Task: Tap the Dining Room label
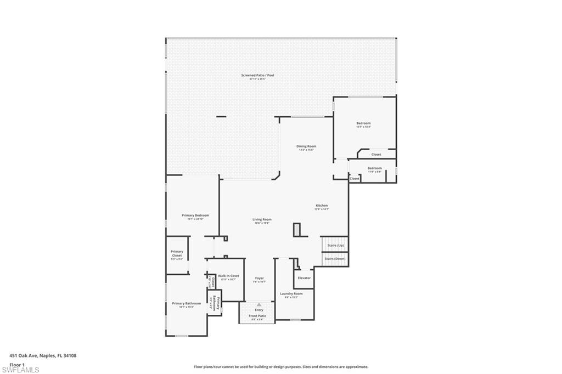pos(306,146)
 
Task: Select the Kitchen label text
pos(321,206)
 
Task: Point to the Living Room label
pos(262,219)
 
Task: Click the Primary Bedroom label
pos(195,216)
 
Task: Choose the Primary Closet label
pos(177,253)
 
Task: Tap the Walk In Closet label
pos(228,276)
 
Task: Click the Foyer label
pos(259,278)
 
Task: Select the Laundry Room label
pos(291,293)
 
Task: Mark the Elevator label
pos(304,278)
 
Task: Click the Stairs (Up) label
pos(334,245)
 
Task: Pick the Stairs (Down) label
pos(335,258)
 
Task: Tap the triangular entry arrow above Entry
pos(259,304)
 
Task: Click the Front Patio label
pos(257,316)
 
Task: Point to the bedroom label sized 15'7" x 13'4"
pos(363,123)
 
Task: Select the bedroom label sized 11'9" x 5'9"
pos(374,168)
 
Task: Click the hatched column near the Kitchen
pos(297,230)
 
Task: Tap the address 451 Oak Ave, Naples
pos(43,355)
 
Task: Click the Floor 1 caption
pos(18,364)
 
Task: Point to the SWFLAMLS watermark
pos(20,370)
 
